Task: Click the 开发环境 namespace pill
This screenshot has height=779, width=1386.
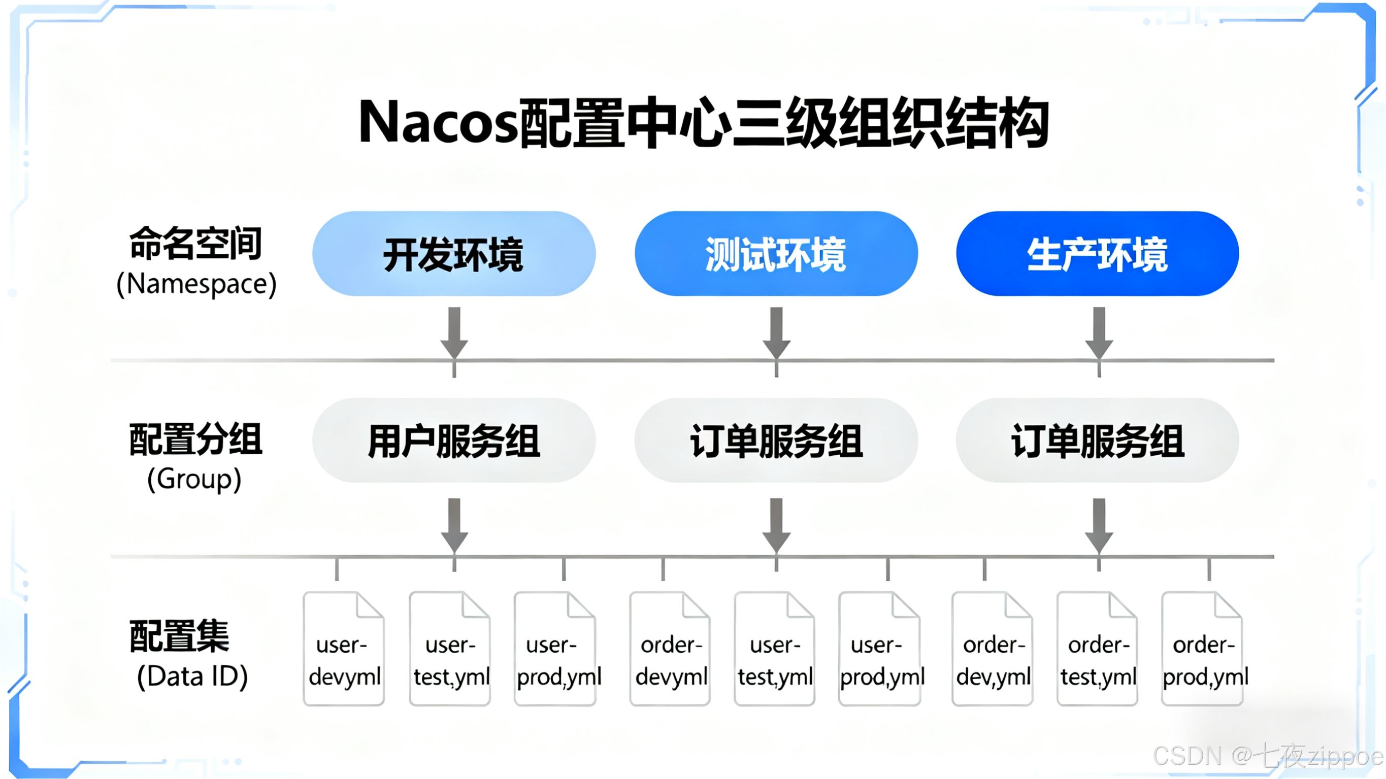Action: pyautogui.click(x=453, y=253)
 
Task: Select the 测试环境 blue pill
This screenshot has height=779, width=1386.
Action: pyautogui.click(x=776, y=253)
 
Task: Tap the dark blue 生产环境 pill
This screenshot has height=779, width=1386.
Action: pyautogui.click(x=1098, y=253)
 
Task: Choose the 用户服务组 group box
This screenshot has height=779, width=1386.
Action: pyautogui.click(x=453, y=441)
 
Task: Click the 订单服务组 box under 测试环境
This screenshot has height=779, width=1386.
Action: pyautogui.click(x=776, y=441)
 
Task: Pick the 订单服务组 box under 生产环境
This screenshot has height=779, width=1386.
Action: pyautogui.click(x=1098, y=441)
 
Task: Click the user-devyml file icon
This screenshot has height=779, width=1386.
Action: pyautogui.click(x=344, y=648)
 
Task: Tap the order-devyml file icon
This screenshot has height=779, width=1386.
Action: pyautogui.click(x=670, y=648)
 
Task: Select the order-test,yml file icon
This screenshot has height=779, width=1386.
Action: pyautogui.click(x=1098, y=648)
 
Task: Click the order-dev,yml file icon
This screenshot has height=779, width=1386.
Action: pyautogui.click(x=993, y=648)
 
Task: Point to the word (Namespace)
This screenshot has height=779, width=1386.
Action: pyautogui.click(x=196, y=284)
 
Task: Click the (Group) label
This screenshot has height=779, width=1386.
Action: pyautogui.click(x=194, y=478)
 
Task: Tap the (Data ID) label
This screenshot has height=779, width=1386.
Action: pyautogui.click(x=192, y=676)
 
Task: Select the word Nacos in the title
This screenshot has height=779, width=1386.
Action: pyautogui.click(x=439, y=123)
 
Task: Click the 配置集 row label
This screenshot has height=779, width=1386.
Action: pyautogui.click(x=179, y=636)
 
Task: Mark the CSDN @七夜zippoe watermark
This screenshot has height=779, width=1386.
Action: pyautogui.click(x=1267, y=756)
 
